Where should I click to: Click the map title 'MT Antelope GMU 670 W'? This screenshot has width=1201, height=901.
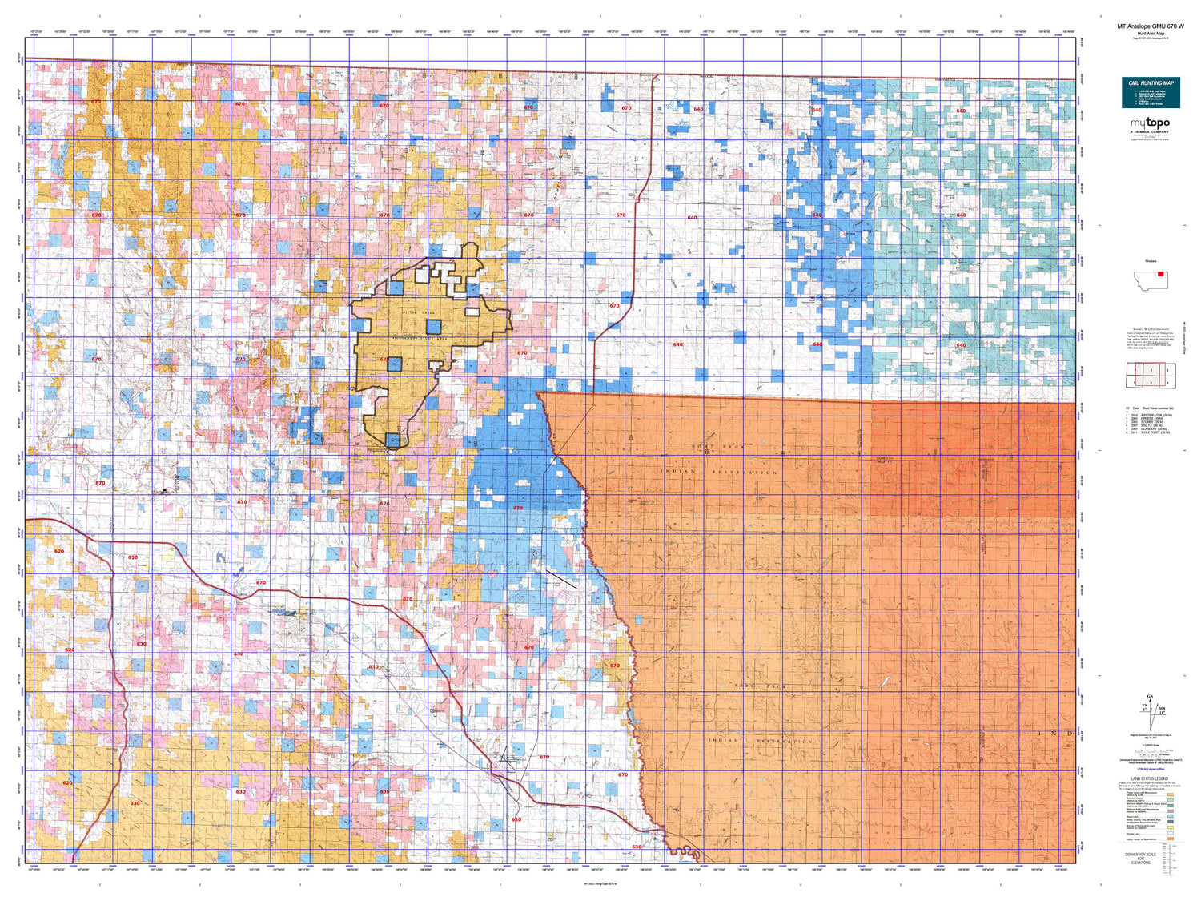pos(1150,26)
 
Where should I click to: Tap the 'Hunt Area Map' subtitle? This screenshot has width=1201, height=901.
pos(1150,34)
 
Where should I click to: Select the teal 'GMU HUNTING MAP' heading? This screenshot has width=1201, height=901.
pos(1151,83)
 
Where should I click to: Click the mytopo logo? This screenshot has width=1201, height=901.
pos(1150,123)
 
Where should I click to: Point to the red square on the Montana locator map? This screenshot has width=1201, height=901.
pos(1161,274)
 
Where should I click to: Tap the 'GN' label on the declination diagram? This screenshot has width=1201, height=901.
pos(1151,698)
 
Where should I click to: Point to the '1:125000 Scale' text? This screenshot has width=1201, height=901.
pos(1150,745)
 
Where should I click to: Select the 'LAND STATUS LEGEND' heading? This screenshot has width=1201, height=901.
pos(1150,778)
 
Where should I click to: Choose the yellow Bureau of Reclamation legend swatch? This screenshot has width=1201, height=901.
pos(1171,827)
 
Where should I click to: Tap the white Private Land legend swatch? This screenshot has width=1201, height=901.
pos(1171,833)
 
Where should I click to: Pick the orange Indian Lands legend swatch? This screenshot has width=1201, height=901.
pos(1171,839)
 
